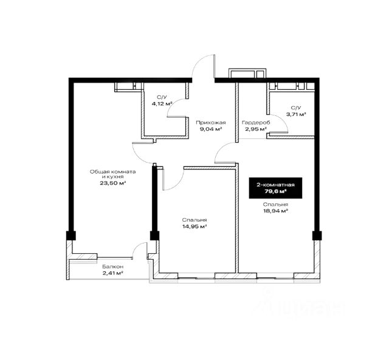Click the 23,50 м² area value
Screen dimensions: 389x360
(x=113, y=183)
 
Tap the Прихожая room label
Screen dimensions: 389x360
(x=211, y=123)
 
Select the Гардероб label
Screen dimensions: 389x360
(x=256, y=123)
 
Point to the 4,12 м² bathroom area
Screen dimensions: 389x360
(x=162, y=104)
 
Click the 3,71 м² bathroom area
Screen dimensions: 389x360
(x=296, y=114)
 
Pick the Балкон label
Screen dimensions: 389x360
(x=113, y=267)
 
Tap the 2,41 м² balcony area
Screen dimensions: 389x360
(x=113, y=273)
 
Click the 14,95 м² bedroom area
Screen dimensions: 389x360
(x=194, y=226)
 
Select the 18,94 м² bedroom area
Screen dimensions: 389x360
(x=275, y=211)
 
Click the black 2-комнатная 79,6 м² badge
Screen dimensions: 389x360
(x=275, y=188)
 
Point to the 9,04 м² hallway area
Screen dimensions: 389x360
(x=211, y=129)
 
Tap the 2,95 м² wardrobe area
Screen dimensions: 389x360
(x=256, y=129)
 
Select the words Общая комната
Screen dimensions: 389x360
(x=113, y=171)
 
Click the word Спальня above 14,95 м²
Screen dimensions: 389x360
(x=194, y=220)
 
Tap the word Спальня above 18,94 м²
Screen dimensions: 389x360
(x=275, y=205)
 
